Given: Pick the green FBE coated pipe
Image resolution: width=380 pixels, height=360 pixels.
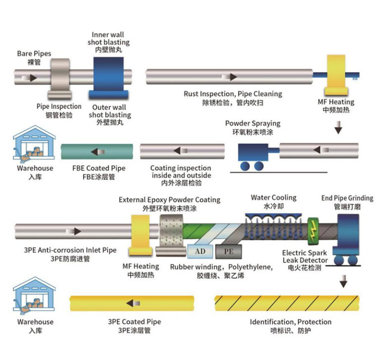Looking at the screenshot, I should pos(97,151).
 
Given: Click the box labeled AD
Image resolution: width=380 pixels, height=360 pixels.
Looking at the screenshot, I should pos(200,251).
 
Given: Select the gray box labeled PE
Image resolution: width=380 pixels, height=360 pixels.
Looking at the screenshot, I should pos(228,251).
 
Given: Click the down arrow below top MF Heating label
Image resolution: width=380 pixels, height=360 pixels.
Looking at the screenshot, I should pos(338,129).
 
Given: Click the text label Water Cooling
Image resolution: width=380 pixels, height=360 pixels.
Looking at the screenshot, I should pos(273,198).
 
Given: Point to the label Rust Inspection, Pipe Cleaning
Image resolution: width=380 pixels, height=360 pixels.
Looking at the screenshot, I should pos(233,94).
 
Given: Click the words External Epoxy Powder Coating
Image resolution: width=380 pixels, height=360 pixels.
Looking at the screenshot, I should pos(169,200).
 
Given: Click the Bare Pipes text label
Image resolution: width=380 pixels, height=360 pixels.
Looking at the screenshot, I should pos(34,53).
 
